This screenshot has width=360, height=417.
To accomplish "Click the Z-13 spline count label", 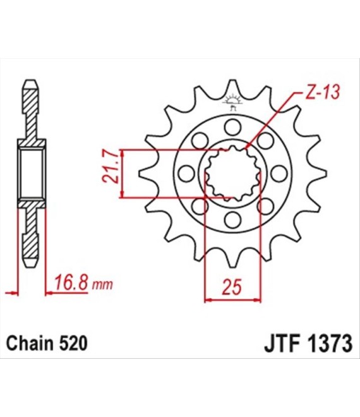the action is point(322,93).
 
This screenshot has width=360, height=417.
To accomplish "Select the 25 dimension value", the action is point(232,287).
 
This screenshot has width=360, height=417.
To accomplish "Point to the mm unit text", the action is point(102,285).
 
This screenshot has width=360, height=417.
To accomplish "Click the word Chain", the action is point(30,343).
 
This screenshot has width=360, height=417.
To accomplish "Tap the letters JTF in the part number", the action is point(282,344).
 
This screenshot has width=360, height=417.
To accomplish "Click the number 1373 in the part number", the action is point(330,344).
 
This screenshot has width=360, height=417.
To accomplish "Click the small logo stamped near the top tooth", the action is point(232,102).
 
